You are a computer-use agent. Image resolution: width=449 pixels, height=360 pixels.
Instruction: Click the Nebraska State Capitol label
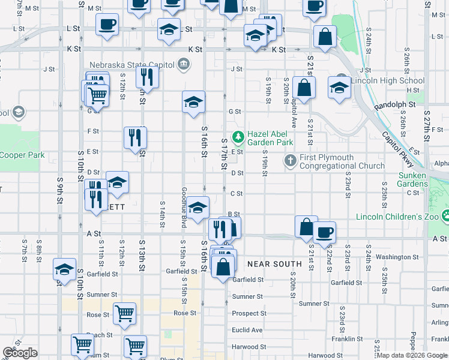point(131,65)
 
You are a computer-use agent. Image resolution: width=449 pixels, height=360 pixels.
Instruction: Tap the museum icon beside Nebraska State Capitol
point(184,64)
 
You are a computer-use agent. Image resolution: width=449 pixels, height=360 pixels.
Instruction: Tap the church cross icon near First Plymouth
point(291,160)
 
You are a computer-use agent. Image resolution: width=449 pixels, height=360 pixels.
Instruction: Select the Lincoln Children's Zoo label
point(397,217)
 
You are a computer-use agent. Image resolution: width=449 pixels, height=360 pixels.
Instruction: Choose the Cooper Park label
point(22,155)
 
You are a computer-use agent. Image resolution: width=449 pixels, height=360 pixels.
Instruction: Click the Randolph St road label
point(394,105)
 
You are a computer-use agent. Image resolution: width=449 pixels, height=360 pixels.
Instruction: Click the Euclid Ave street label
point(247,330)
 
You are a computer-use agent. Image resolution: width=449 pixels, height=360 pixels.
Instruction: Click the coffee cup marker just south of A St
point(324,232)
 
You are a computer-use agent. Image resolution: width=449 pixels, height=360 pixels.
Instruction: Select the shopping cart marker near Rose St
point(124,313)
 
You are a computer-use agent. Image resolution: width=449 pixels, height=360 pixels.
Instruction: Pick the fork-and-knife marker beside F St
point(135,137)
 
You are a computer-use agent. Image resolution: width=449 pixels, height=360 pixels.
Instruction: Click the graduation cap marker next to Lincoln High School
point(339,88)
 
